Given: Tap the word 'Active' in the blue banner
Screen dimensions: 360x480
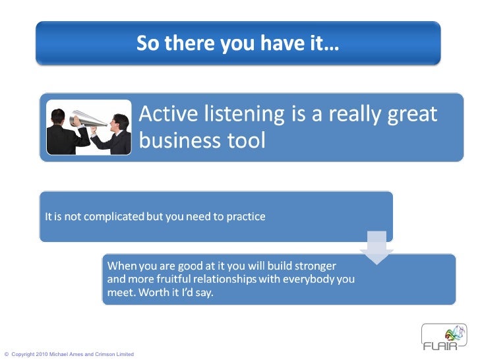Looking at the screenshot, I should (169, 115).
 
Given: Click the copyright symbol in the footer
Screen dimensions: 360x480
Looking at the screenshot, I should (7, 355).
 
